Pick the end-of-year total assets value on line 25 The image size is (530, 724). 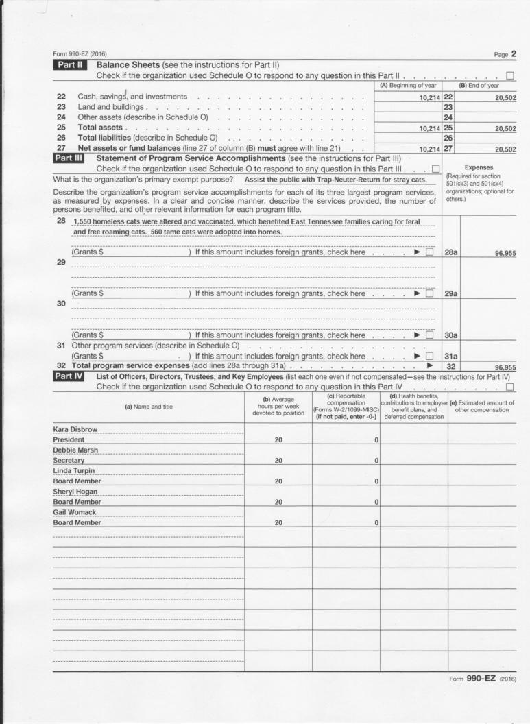point(503,128)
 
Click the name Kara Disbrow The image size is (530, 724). point(76,429)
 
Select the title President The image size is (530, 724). point(69,439)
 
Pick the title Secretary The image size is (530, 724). point(69,460)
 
